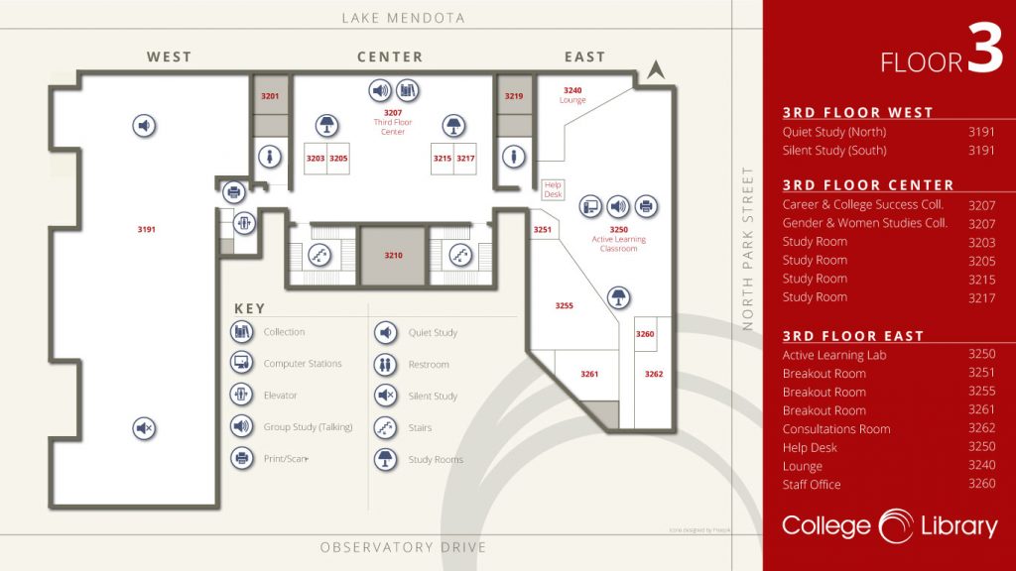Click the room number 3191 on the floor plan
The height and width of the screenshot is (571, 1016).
(x=147, y=230)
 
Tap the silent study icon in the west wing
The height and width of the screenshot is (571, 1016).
(x=145, y=428)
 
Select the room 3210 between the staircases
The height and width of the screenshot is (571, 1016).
(x=394, y=256)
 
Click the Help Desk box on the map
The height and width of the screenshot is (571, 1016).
(x=553, y=188)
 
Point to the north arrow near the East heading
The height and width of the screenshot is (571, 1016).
(x=654, y=69)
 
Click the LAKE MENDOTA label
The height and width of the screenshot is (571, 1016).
(x=403, y=18)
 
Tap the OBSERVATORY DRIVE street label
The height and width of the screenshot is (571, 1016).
(x=403, y=547)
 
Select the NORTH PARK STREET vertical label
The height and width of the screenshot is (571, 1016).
(x=749, y=248)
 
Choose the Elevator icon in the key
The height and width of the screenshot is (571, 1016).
(x=240, y=395)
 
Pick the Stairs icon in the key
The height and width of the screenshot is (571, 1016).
(x=385, y=427)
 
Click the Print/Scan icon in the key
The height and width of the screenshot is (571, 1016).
(x=240, y=458)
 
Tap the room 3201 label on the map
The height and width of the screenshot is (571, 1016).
(x=270, y=96)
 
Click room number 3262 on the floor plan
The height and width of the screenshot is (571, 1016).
(x=653, y=374)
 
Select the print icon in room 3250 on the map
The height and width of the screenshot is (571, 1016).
(x=646, y=206)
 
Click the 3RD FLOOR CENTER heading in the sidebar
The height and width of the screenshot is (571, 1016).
(x=868, y=185)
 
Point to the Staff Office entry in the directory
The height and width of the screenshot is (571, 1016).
(x=812, y=485)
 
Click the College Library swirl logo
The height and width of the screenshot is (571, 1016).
(x=896, y=526)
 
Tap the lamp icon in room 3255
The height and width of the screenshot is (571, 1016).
(x=619, y=297)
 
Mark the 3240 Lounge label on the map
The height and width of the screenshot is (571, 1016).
(x=572, y=95)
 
